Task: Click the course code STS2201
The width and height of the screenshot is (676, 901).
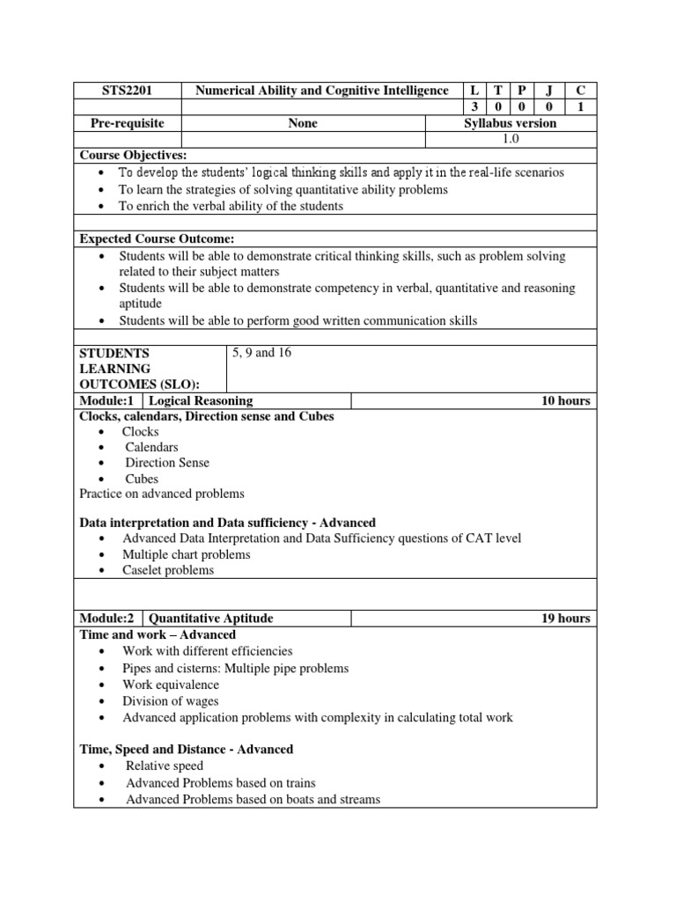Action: point(127,91)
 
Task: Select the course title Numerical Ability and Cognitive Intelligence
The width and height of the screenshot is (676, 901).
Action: point(321,91)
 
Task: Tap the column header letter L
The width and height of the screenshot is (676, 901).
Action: point(475,91)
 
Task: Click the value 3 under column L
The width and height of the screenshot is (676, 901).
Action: point(475,107)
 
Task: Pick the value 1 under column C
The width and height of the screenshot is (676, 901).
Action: point(580,107)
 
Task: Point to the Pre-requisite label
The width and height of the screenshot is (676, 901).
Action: point(127,123)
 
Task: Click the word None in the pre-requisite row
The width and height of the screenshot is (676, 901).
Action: point(303,123)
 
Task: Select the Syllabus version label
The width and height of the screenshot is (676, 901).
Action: point(511,123)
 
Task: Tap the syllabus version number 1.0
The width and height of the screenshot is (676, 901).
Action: point(511,139)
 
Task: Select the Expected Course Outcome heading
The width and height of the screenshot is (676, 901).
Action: point(157,239)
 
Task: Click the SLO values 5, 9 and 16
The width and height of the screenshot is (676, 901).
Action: point(261,353)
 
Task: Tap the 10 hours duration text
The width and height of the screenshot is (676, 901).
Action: point(565,401)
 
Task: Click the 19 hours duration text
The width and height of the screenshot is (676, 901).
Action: point(565,619)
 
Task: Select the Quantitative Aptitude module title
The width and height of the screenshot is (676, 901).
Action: point(211,619)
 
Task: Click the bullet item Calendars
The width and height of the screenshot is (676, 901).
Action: point(151,447)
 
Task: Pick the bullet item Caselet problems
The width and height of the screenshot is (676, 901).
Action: point(168,570)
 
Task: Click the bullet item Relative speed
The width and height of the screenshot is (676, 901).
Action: point(165,766)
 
